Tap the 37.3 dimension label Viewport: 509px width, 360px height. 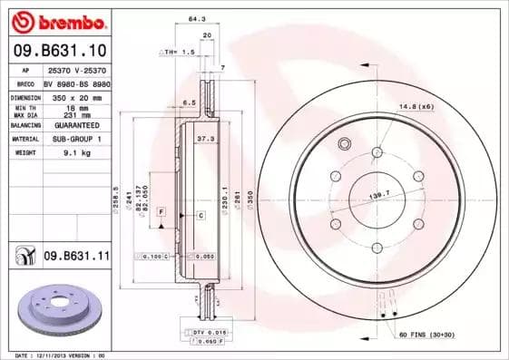click(206, 139)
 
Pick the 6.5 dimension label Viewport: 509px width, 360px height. click(191, 102)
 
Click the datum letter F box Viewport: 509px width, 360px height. click(161, 210)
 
